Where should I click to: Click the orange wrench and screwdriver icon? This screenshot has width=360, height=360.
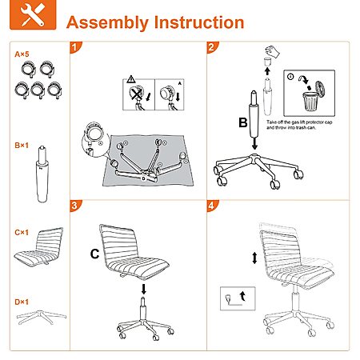coord(33,14)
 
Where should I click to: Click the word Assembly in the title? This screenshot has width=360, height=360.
coord(107,22)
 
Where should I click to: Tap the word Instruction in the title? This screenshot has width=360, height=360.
coord(199,22)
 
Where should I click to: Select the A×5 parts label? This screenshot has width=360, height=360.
coord(22,54)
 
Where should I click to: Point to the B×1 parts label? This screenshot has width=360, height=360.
coord(22,146)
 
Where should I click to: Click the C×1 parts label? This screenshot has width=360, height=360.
coord(22,233)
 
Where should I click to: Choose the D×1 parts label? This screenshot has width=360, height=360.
coord(22,302)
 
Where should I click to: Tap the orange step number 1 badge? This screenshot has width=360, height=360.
coord(75,47)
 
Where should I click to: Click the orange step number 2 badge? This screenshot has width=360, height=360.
coord(212,47)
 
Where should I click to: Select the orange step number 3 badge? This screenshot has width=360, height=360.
coord(75,206)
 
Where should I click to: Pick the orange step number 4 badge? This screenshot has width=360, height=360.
coord(212,206)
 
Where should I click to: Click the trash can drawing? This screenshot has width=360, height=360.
coord(310,101)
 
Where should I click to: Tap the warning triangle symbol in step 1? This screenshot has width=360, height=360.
coord(131,79)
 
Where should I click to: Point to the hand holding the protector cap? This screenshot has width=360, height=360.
coord(272,51)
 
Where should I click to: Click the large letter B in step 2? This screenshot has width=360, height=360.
coord(243,122)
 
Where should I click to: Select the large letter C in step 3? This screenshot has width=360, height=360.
coord(94,254)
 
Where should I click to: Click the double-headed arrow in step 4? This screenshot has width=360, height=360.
coord(254,258)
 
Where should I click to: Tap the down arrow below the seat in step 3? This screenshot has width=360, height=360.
coord(144,289)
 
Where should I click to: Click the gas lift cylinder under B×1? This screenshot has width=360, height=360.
coord(42,174)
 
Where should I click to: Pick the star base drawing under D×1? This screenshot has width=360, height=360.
coord(42,318)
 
